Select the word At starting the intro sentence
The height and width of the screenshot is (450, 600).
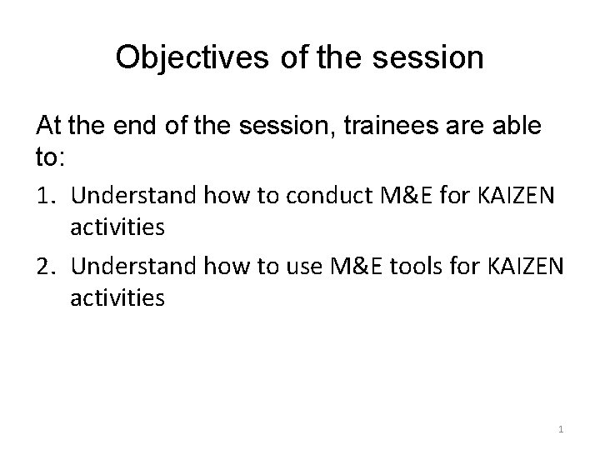49,127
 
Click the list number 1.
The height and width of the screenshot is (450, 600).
46,197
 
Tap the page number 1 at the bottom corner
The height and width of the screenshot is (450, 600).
561,429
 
